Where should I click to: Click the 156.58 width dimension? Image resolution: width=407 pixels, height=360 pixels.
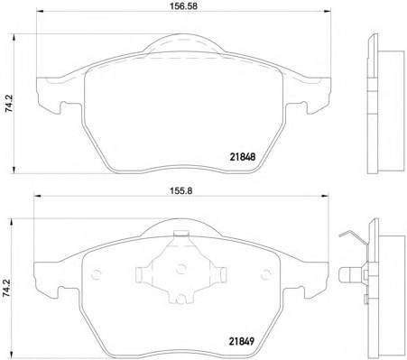point(184,6)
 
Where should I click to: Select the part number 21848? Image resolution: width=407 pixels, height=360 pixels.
point(243,157)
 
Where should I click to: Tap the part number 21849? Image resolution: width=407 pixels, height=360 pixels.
point(242,341)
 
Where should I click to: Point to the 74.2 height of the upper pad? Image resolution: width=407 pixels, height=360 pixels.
point(9,103)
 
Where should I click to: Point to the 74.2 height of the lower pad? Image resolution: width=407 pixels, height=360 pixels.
point(7,289)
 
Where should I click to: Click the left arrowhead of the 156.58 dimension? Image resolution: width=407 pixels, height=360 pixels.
point(40,12)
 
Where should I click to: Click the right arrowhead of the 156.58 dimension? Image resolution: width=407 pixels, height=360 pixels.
point(328,12)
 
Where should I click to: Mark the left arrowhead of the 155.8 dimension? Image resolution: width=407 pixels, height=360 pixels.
point(37,196)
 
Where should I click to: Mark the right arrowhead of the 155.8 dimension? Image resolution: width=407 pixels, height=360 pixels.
point(325,196)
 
